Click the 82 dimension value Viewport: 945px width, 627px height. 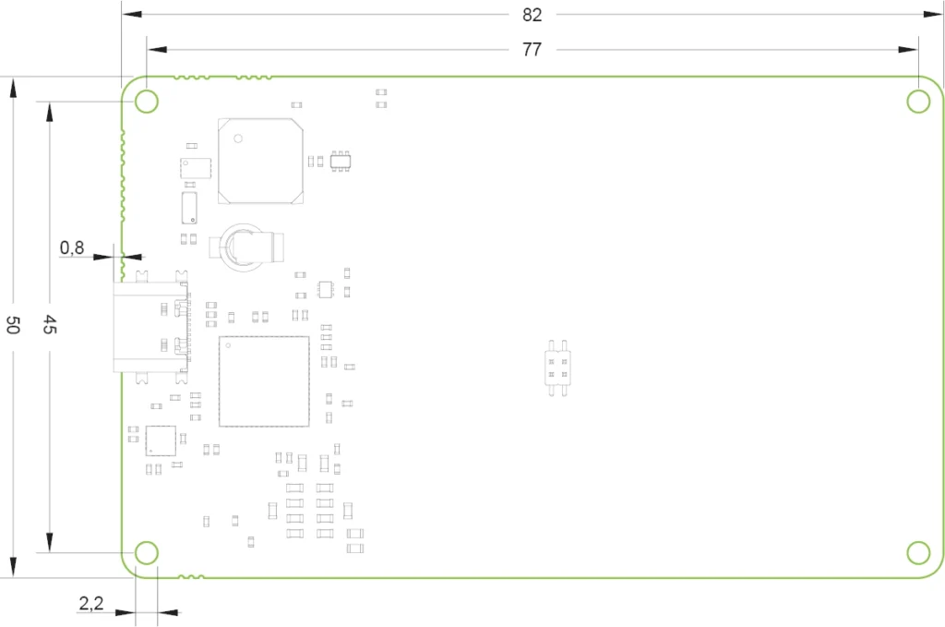tap(532, 15)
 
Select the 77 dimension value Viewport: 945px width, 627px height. tap(532, 50)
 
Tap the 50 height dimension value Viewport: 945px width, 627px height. tap(13, 325)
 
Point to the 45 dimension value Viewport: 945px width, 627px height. tap(50, 324)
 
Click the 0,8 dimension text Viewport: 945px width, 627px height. tap(72, 247)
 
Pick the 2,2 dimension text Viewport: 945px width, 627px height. tap(91, 603)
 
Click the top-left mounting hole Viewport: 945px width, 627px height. tap(147, 102)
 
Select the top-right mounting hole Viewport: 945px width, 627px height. tap(918, 102)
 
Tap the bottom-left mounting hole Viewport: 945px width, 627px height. tap(147, 553)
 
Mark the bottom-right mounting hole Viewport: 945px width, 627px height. tap(918, 553)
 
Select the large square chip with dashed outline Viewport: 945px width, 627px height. tap(264, 381)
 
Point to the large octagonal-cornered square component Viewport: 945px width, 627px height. tap(260, 161)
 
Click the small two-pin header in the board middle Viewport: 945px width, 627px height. tap(557, 368)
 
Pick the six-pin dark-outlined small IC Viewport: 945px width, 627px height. tap(341, 162)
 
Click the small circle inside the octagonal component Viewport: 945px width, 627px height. tap(238, 139)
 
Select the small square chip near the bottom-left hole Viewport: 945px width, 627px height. tap(161, 440)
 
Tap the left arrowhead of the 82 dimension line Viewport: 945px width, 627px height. tap(131, 14)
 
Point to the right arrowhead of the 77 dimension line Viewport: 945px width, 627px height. tap(908, 50)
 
